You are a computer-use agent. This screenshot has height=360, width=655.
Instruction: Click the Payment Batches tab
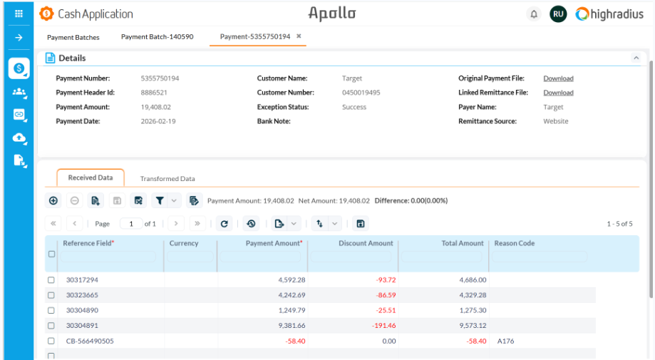(x=73, y=37)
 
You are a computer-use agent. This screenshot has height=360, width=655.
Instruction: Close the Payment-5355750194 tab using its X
(x=299, y=36)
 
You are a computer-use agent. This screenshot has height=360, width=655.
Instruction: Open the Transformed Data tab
(x=167, y=179)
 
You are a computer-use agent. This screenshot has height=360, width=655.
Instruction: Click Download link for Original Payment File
(x=558, y=78)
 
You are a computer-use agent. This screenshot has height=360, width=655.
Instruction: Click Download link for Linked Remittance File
(x=558, y=93)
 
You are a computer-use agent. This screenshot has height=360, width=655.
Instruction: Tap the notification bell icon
(x=534, y=14)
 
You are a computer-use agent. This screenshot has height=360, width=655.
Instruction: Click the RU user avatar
(x=558, y=14)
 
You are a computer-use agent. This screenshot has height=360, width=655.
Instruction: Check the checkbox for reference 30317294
(x=51, y=280)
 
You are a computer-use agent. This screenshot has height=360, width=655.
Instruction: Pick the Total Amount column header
(x=462, y=244)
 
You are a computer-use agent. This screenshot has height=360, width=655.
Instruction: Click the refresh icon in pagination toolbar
(x=225, y=224)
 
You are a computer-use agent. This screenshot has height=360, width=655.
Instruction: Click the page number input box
(x=130, y=224)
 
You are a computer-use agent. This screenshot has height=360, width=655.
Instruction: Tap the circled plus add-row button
(x=53, y=201)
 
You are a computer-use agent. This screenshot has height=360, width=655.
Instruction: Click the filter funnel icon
(x=160, y=201)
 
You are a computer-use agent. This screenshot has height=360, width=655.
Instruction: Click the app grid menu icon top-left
(x=19, y=14)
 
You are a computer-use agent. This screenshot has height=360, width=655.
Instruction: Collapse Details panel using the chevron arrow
(x=636, y=58)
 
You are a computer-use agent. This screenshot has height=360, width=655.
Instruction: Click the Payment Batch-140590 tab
(x=157, y=37)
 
